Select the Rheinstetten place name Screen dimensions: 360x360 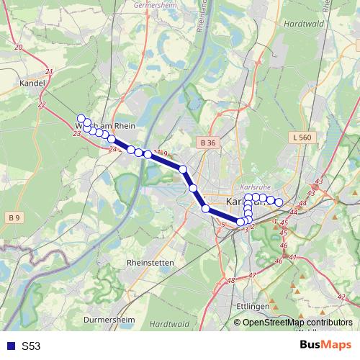pyautogui.click(x=150, y=263)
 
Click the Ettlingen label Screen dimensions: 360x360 pyautogui.click(x=252, y=306)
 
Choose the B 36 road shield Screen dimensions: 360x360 pyautogui.click(x=208, y=143)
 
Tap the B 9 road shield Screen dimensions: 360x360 pyautogui.click(x=15, y=217)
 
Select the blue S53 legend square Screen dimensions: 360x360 pyautogui.click(x=9, y=346)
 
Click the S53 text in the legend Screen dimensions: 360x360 pyautogui.click(x=31, y=346)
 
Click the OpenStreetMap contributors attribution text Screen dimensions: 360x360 pyautogui.click(x=297, y=323)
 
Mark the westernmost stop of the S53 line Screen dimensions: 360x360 pyautogui.click(x=81, y=119)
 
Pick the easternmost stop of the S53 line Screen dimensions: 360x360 pyautogui.click(x=279, y=202)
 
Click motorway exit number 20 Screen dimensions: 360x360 pyautogui.click(x=19, y=47)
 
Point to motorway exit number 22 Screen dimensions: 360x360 pyautogui.click(x=41, y=104)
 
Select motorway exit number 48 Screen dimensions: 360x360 pyautogui.click(x=230, y=281)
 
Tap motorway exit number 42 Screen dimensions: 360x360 pyautogui.click(x=341, y=297)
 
